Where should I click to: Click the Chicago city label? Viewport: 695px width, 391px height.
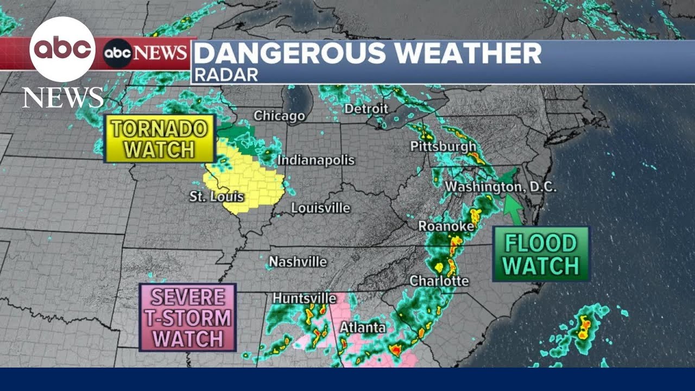click(279, 116)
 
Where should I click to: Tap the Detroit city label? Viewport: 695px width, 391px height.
click(367, 109)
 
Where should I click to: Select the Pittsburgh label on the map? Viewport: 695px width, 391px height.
click(443, 147)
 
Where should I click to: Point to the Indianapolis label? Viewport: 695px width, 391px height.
click(316, 160)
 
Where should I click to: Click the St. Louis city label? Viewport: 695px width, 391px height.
click(217, 197)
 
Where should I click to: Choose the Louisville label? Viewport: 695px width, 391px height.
click(320, 208)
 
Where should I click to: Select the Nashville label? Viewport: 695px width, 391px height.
click(298, 262)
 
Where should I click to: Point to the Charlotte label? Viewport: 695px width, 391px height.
click(439, 281)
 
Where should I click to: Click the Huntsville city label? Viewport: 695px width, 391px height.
click(304, 298)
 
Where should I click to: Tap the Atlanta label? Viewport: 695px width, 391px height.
click(363, 327)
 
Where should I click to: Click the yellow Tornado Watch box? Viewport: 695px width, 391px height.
click(159, 138)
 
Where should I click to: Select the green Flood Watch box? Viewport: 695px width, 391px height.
click(541, 254)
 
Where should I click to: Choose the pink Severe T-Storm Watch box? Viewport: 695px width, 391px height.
click(187, 318)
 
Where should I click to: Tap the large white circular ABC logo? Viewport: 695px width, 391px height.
click(62, 49)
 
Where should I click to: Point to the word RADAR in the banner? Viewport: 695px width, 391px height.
click(226, 75)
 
